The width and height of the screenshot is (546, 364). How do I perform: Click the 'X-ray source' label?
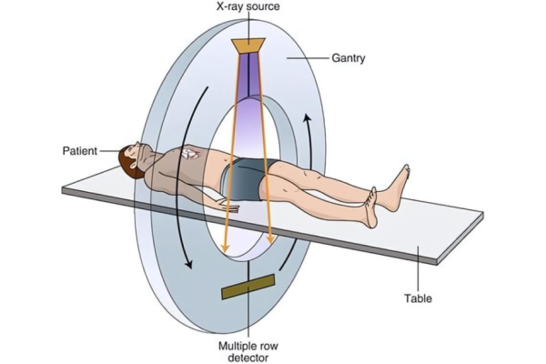click(248, 6)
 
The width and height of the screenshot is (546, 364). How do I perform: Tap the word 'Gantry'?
click(349, 58)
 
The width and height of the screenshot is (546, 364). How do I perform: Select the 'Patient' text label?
click(80, 151)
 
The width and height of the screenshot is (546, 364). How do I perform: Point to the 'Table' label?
click(418, 298)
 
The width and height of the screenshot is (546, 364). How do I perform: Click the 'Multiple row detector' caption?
click(248, 352)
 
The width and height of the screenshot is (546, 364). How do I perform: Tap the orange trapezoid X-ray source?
click(248, 45)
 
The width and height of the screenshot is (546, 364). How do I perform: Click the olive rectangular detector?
click(248, 287)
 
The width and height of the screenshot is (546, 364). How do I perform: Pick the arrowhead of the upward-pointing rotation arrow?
click(307, 118)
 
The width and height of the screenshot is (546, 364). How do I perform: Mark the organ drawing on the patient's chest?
click(190, 153)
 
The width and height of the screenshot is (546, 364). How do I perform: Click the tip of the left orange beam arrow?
click(226, 251)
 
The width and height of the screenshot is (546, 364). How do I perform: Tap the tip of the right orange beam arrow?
click(271, 242)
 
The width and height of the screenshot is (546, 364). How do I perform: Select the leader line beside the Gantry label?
click(308, 58)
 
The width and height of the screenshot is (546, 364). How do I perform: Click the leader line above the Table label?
click(419, 268)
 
